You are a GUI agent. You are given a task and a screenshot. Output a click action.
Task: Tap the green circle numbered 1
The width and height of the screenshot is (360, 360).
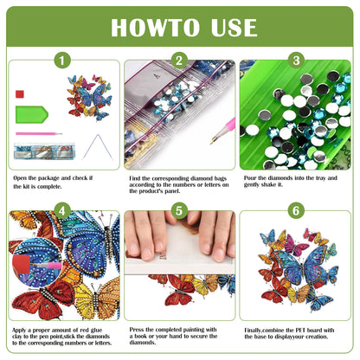[61, 61]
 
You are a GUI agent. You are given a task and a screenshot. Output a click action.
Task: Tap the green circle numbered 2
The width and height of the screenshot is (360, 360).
[179, 61]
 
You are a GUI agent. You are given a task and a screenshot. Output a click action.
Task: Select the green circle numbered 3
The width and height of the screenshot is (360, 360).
[295, 61]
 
